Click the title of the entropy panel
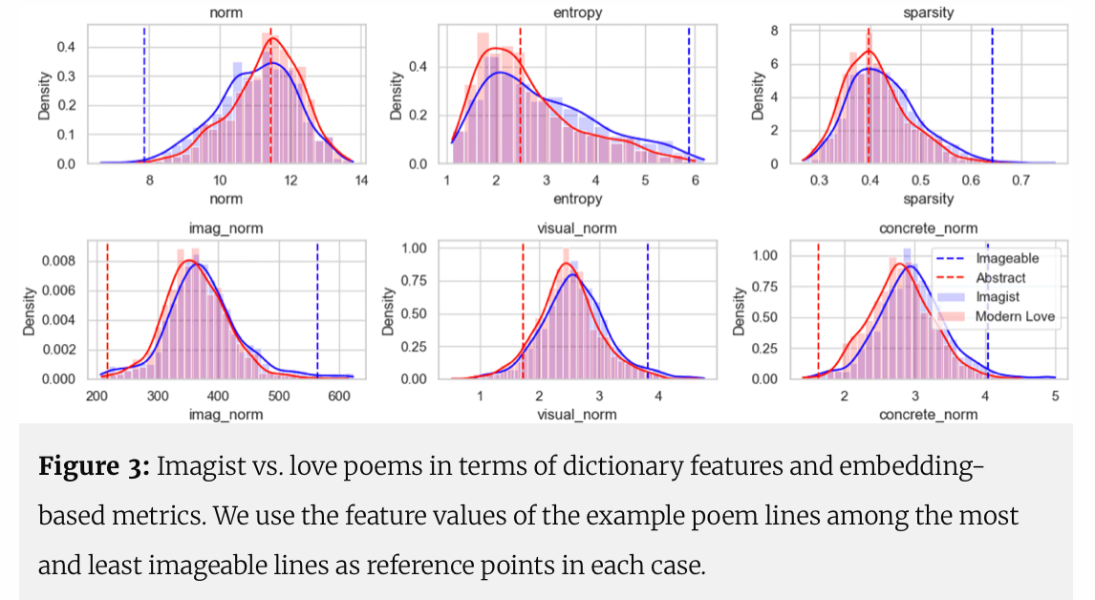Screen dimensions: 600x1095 [577, 14]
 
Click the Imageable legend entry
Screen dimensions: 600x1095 [1007, 258]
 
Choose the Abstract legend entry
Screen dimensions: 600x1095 [1000, 278]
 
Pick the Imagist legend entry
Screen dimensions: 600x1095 [998, 297]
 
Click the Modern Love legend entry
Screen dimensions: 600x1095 [1016, 317]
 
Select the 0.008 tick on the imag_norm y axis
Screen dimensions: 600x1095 [69, 260]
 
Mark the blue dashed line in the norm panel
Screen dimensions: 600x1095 [144, 96]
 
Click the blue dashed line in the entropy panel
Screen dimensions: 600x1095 [689, 96]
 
